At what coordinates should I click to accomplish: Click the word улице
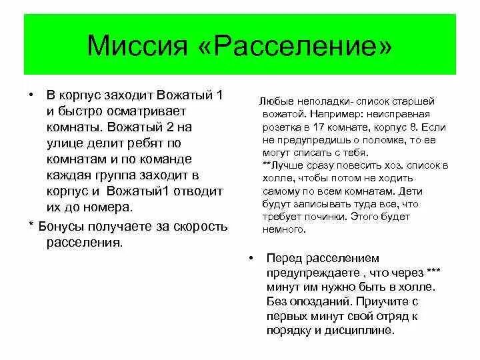coord(64,143)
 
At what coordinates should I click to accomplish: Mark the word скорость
coord(200,227)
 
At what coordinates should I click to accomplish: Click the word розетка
coord(282,127)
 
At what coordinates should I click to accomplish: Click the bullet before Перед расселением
coord(249,257)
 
